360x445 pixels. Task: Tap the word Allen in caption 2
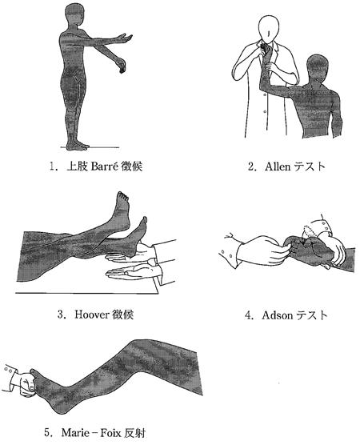coord(278,166)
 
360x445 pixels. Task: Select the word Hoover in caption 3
coord(92,315)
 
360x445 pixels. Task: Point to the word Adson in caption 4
coord(278,315)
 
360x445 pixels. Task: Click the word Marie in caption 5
coord(75,433)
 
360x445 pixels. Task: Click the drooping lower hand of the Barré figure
coord(122,66)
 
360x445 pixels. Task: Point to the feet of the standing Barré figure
coord(77,146)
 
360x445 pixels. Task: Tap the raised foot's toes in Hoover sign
coord(123,196)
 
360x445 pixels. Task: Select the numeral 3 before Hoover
coord(60,315)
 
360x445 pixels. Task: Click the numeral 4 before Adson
coord(248,315)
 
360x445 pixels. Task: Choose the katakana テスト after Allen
coord(310,166)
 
